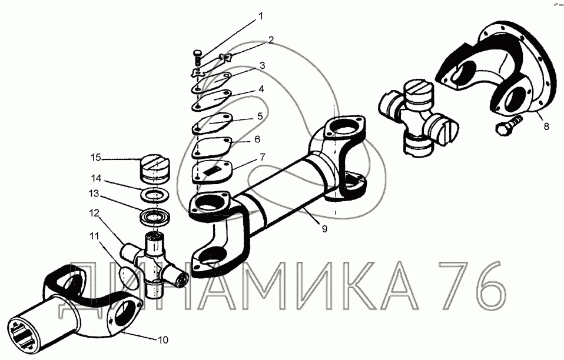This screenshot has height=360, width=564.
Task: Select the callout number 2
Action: (x=271, y=40)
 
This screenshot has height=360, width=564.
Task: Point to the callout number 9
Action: (x=324, y=229)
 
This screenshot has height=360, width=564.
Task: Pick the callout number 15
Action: (x=96, y=157)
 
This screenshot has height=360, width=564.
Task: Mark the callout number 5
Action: (x=260, y=116)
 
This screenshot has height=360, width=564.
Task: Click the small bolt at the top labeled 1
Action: (x=198, y=57)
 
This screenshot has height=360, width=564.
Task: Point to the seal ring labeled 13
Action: (x=155, y=216)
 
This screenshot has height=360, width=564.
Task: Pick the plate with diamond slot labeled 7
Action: (x=214, y=171)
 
